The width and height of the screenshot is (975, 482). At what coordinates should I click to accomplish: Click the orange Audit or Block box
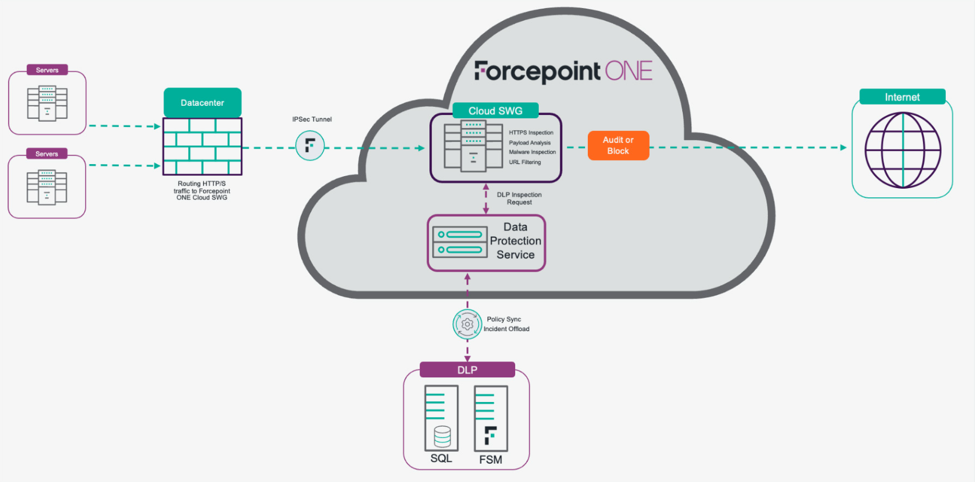(x=618, y=145)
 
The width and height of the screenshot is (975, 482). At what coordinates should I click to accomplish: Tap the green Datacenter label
(x=202, y=103)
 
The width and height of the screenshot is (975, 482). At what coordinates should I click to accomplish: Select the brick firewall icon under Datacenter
(x=202, y=146)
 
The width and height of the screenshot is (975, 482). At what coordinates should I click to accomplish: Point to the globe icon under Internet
(x=902, y=150)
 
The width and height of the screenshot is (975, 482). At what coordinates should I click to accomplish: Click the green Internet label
(x=902, y=97)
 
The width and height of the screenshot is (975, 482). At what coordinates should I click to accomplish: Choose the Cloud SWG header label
(x=495, y=111)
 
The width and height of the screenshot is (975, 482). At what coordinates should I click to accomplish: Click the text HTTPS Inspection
(x=531, y=133)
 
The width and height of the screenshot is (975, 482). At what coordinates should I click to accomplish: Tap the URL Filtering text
(x=525, y=162)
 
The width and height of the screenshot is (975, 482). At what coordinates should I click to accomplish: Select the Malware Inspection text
(x=532, y=152)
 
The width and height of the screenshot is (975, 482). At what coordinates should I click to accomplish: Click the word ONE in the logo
(x=628, y=71)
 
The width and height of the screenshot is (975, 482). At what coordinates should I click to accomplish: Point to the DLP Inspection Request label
(x=519, y=198)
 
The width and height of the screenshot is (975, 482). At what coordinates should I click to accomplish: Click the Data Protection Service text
(x=515, y=241)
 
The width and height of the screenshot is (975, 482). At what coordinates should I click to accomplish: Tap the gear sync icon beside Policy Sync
(x=467, y=324)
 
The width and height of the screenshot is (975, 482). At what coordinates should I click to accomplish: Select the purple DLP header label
(x=467, y=370)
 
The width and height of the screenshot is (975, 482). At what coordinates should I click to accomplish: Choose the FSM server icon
(x=491, y=419)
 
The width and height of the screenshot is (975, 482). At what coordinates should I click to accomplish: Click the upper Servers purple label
(x=47, y=70)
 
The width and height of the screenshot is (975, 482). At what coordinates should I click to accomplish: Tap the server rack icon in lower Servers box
(x=47, y=187)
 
